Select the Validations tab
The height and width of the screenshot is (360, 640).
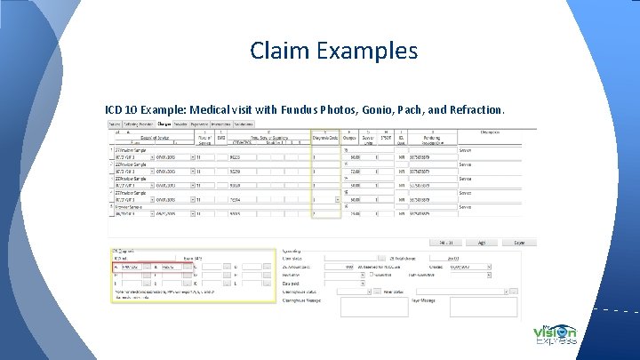coord(244,124)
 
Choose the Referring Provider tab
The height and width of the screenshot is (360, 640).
coord(138,124)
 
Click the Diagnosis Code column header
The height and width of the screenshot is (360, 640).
coord(326,138)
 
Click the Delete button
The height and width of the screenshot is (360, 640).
coord(519,241)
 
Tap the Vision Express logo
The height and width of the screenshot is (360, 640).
coord(556,335)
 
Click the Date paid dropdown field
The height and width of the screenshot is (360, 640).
coord(343,282)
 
